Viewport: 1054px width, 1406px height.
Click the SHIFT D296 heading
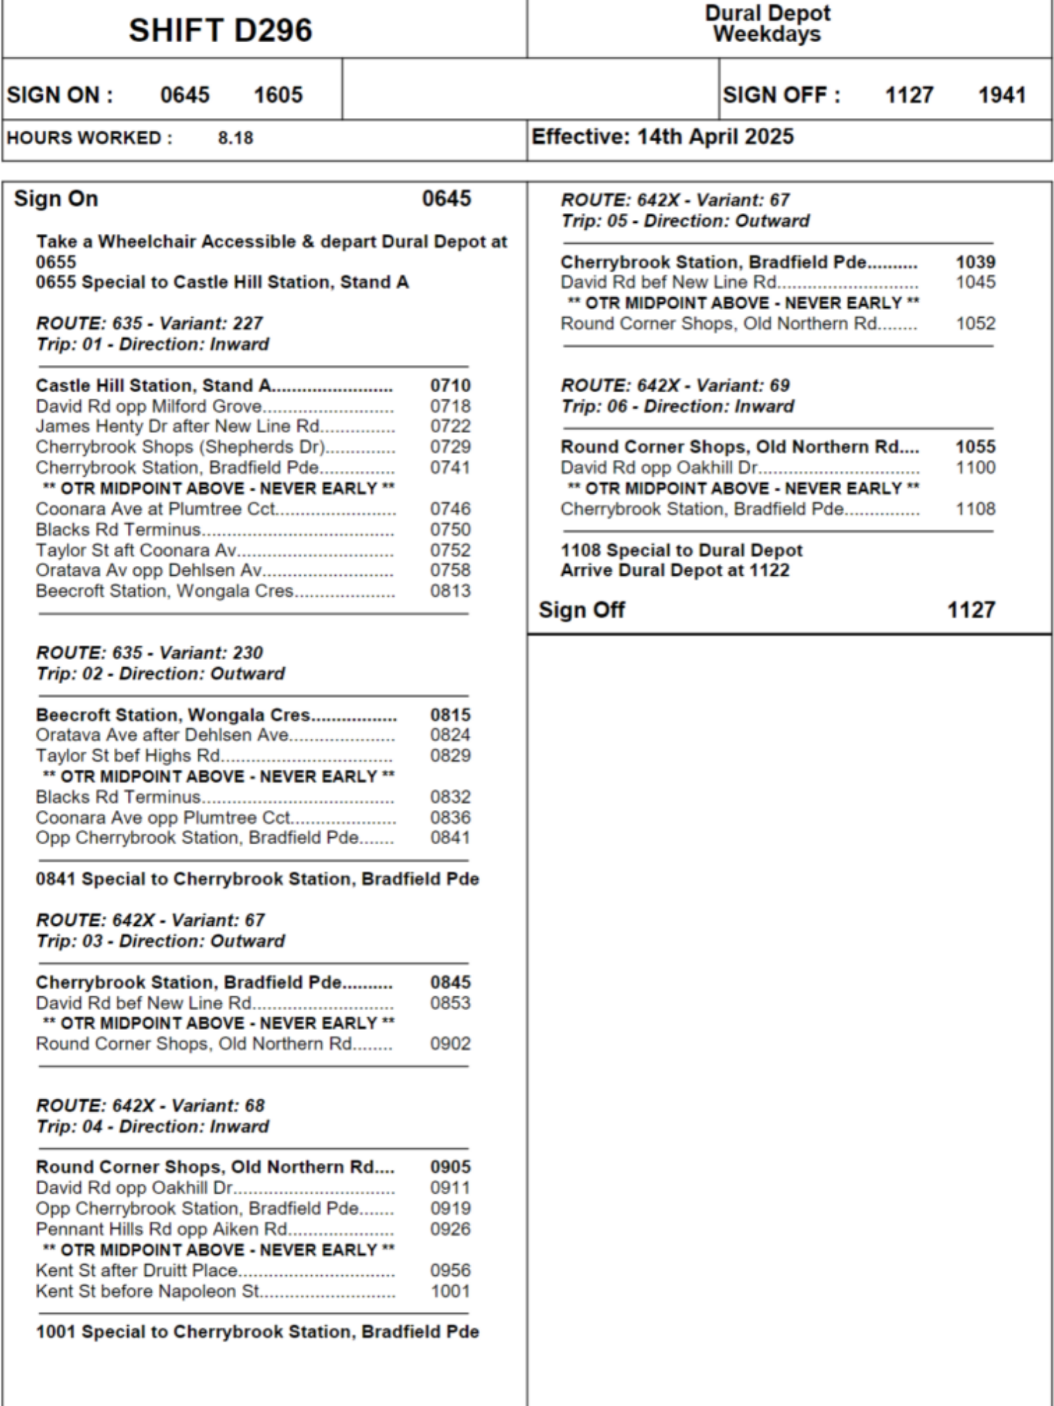pos(220,31)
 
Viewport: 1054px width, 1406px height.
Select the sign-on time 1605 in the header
pos(278,95)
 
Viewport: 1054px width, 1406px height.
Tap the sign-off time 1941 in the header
pos(1002,95)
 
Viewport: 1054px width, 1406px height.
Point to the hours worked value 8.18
pos(235,138)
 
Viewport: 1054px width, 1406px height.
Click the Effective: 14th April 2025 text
pos(663,136)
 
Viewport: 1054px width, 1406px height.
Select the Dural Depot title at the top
pos(767,13)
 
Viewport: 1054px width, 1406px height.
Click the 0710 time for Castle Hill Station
pos(450,385)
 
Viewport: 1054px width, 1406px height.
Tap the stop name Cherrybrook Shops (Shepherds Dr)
pos(181,447)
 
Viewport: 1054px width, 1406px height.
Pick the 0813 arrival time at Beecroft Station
pos(450,591)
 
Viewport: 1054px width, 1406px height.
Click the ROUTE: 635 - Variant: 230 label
pos(150,652)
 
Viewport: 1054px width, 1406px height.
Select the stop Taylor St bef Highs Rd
pos(128,756)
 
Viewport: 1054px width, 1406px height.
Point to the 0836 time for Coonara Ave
pos(450,818)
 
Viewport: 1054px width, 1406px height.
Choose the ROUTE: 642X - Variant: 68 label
pos(150,1105)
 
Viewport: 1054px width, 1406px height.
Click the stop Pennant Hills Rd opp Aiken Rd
pos(162,1229)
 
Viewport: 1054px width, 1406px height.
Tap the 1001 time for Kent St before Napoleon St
pos(450,1291)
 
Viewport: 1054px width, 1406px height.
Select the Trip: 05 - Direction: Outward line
pos(685,221)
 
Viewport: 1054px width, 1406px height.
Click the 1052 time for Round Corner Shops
pos(975,323)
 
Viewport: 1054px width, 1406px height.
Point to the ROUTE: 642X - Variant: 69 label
pos(675,385)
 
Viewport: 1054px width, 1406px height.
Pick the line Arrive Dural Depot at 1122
pos(675,570)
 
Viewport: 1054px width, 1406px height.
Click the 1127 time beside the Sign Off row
pos(971,610)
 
